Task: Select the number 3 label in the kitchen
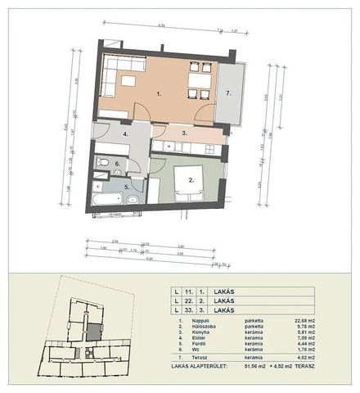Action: point(185,133)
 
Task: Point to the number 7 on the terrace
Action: point(229,93)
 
